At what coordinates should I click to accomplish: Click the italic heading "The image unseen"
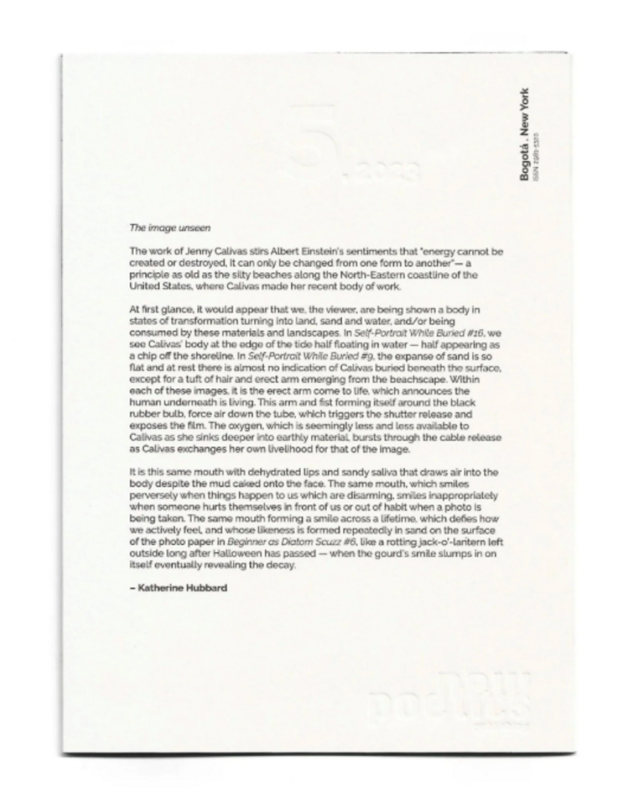[x=170, y=228]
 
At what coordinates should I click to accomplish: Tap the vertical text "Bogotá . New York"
[x=524, y=135]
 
